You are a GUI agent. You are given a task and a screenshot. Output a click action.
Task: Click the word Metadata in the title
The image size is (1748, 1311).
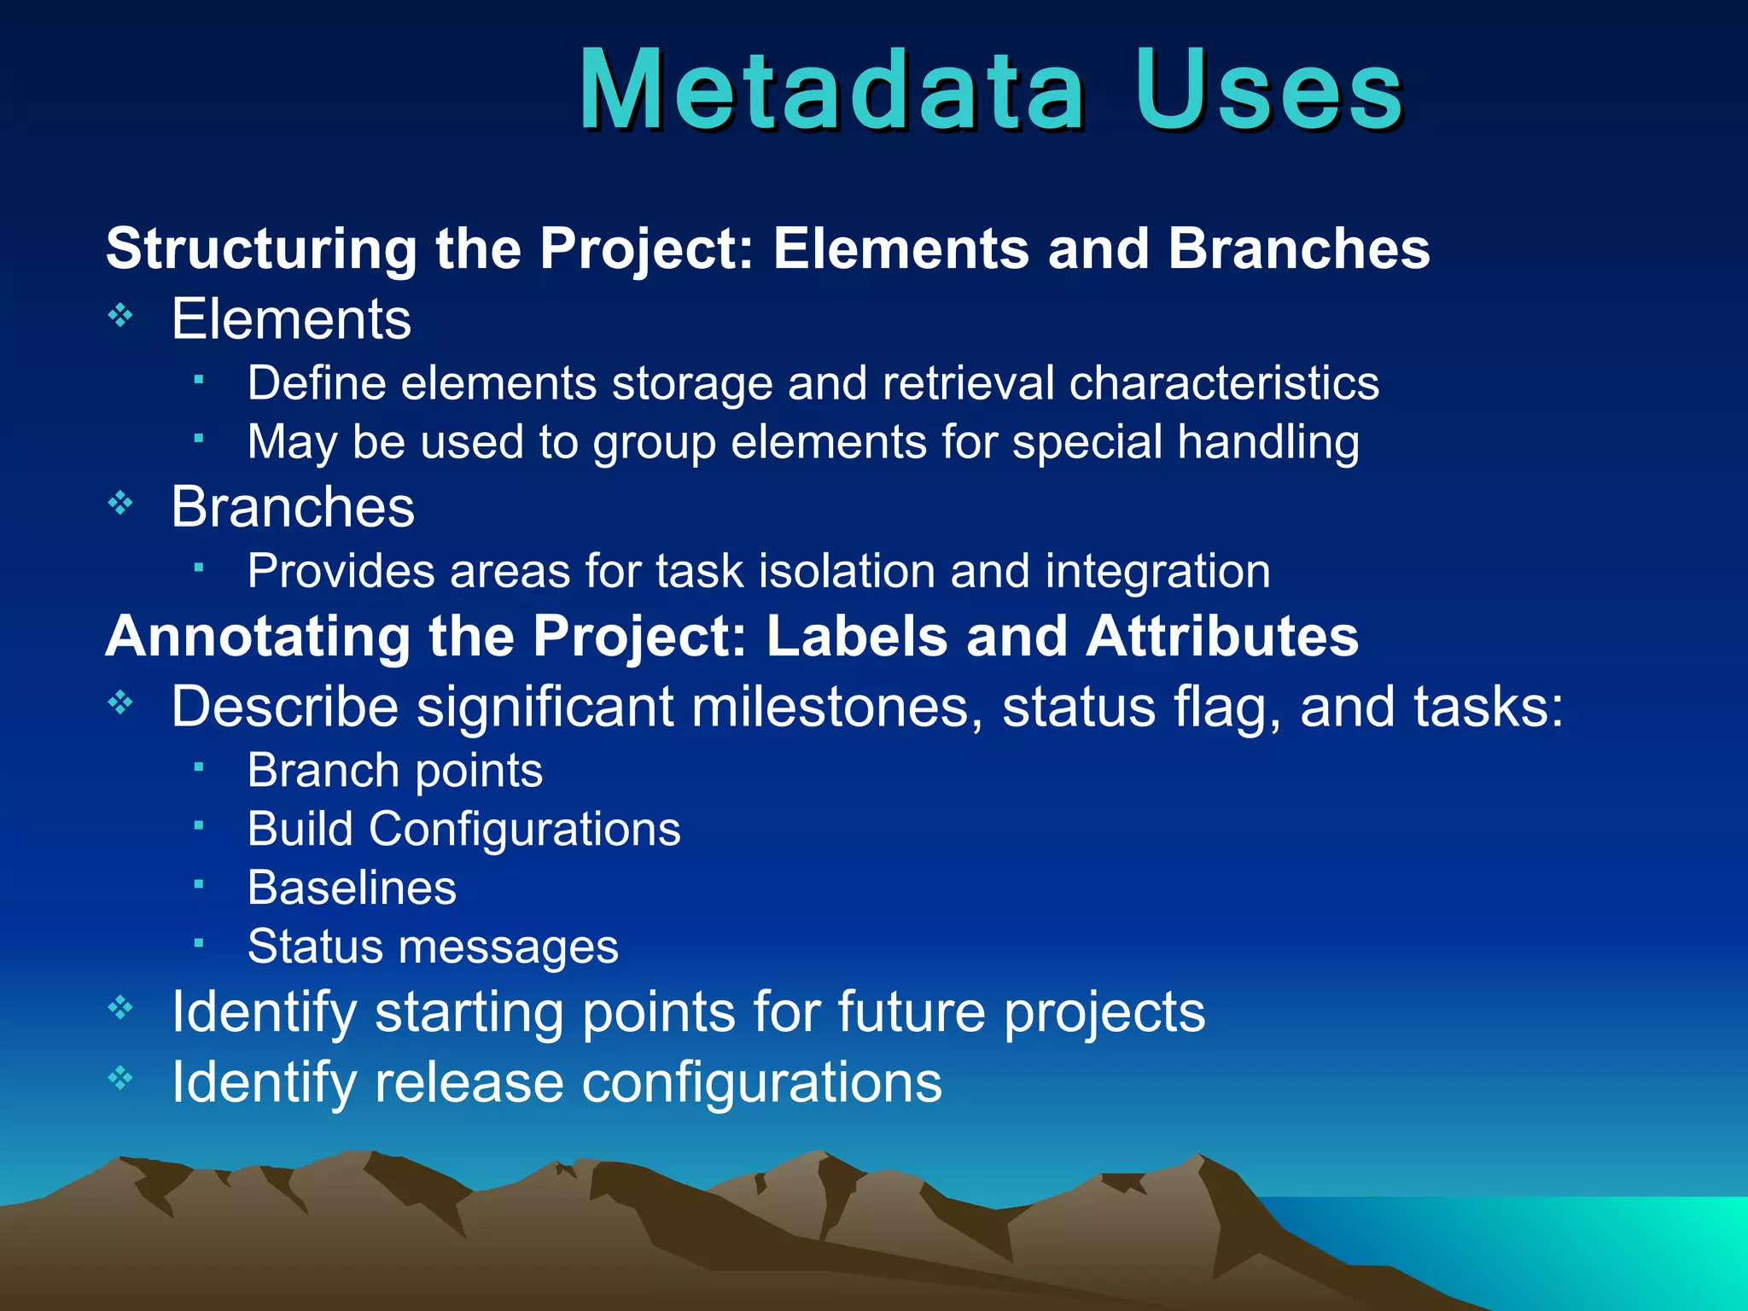click(832, 90)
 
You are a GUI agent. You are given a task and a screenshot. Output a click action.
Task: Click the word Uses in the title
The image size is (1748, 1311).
click(1269, 90)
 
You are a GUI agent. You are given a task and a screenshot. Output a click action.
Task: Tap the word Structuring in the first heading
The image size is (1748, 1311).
click(261, 249)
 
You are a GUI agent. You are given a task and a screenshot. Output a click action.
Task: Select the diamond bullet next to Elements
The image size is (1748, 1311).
click(120, 317)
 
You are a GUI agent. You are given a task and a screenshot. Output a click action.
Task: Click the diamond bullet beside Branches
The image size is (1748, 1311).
click(120, 504)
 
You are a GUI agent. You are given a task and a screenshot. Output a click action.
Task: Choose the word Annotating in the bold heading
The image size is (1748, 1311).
click(257, 638)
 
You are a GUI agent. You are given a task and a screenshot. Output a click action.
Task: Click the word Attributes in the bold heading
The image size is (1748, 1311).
click(1221, 637)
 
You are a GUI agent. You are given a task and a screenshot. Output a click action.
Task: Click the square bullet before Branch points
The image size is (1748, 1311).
click(198, 767)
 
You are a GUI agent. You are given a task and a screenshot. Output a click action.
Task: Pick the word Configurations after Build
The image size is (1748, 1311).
click(524, 829)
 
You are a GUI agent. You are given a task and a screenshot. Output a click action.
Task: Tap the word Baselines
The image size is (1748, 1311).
click(352, 888)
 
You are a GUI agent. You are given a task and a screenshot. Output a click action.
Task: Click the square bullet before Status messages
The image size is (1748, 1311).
click(198, 943)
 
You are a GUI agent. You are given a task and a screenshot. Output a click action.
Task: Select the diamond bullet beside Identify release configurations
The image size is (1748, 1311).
click(120, 1078)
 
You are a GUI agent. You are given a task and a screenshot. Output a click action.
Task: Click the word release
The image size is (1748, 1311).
click(469, 1082)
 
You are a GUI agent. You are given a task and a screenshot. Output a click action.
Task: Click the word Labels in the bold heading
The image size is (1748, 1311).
click(857, 637)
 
